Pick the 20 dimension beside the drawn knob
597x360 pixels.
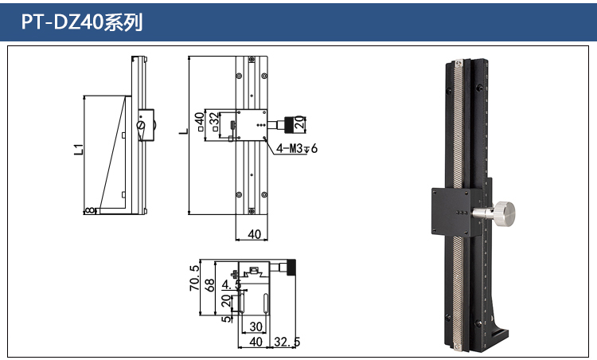point(299,123)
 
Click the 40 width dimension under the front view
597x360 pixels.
point(255,234)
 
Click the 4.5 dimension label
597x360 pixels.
point(231,284)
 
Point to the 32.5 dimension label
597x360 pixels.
point(285,342)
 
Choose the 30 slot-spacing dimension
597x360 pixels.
point(256,327)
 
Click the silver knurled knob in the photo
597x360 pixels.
point(501,213)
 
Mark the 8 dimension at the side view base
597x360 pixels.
point(90,210)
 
